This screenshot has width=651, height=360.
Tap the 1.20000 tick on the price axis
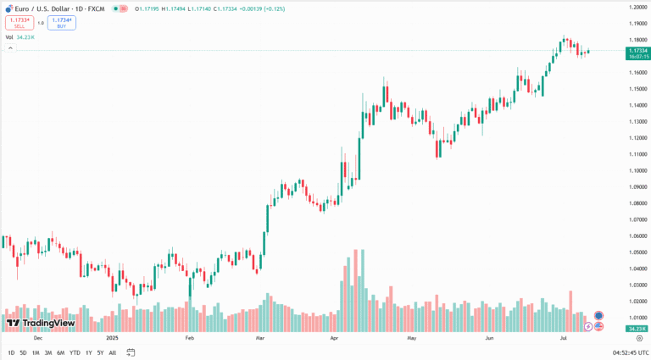click(x=637, y=8)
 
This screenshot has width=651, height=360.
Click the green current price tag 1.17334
click(x=637, y=52)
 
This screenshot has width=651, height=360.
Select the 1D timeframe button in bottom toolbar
click(x=11, y=352)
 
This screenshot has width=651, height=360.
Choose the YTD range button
click(x=75, y=352)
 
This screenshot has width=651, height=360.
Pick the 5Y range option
click(x=100, y=352)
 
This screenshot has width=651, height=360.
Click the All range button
click(x=112, y=352)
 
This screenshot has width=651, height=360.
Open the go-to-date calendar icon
click(x=131, y=352)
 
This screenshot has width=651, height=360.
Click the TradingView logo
click(x=41, y=323)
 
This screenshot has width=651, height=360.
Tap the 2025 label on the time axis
click(x=112, y=337)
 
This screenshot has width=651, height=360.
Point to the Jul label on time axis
click(x=564, y=337)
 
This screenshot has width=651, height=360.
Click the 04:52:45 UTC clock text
click(x=630, y=352)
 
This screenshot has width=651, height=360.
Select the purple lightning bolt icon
click(x=588, y=326)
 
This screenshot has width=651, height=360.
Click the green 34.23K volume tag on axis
click(x=637, y=329)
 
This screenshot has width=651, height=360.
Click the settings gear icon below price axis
click(x=638, y=337)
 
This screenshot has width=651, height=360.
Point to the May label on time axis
click(x=412, y=337)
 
